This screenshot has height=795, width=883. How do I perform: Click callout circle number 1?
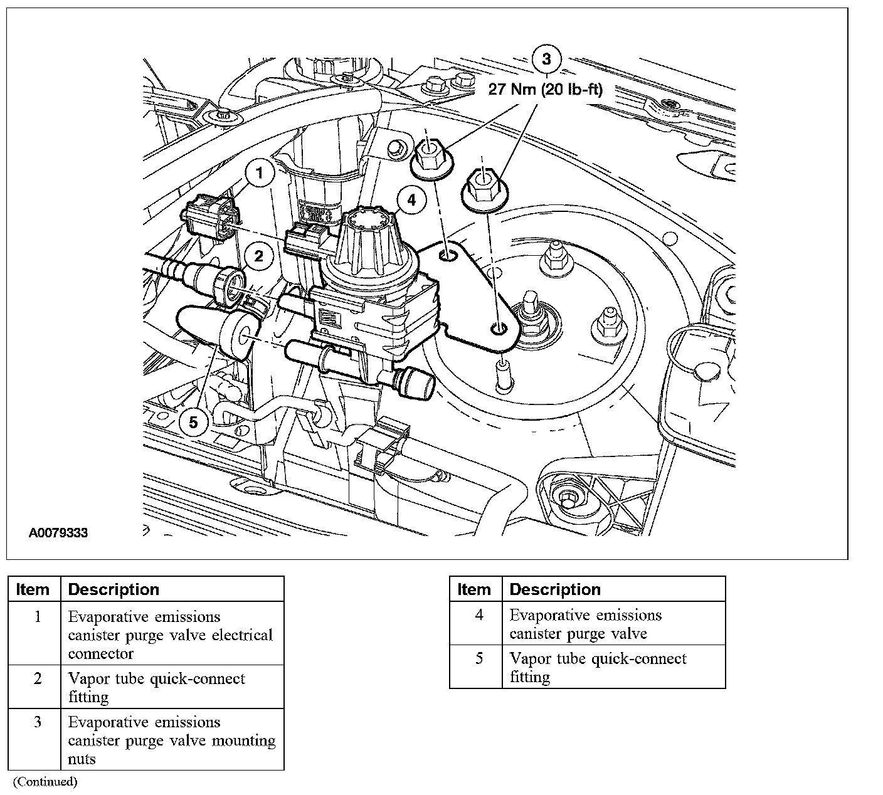click(260, 174)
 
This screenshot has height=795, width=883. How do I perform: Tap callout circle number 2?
click(258, 256)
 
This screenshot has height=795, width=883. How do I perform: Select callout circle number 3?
click(546, 59)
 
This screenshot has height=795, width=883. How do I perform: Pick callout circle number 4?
click(411, 201)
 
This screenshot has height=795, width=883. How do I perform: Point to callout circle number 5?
click(193, 423)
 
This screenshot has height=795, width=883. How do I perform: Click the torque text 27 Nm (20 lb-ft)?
click(546, 90)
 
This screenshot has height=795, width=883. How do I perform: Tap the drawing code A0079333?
click(58, 534)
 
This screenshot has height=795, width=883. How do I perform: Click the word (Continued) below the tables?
click(45, 781)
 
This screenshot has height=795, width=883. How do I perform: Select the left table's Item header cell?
click(33, 589)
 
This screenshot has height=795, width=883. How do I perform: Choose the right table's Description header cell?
click(613, 589)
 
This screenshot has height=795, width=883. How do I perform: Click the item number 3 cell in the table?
click(37, 722)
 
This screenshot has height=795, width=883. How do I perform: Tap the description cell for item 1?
click(171, 634)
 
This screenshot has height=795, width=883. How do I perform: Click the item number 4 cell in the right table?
click(479, 615)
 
